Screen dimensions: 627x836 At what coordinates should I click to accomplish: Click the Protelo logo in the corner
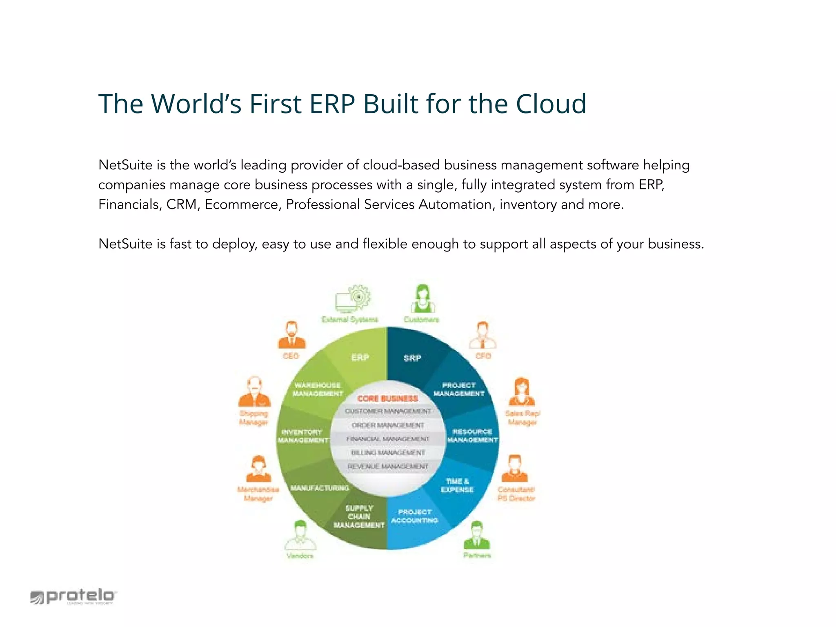(73, 596)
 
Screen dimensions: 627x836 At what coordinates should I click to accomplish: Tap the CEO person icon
(291, 336)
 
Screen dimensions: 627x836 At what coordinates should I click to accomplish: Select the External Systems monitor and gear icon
(353, 298)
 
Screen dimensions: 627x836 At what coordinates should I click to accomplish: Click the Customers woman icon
(422, 298)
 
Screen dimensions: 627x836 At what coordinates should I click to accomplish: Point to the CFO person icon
(482, 336)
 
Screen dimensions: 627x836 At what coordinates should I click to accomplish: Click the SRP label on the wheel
(412, 358)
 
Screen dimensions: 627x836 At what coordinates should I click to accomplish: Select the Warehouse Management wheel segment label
(318, 389)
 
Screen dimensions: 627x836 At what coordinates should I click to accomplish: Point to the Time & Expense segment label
(457, 485)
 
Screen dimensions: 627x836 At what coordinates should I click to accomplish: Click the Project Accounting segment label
(415, 516)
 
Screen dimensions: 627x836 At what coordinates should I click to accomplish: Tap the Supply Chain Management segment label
(359, 516)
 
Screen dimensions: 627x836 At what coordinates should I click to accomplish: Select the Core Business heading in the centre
(387, 398)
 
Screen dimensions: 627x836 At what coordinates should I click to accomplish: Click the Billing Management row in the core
(388, 453)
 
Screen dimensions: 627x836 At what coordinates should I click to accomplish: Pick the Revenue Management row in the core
(388, 467)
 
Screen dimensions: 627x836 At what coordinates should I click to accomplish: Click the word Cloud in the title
(551, 104)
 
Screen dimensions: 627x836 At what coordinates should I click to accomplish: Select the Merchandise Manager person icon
(258, 469)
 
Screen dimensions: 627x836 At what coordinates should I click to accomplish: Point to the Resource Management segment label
(472, 436)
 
